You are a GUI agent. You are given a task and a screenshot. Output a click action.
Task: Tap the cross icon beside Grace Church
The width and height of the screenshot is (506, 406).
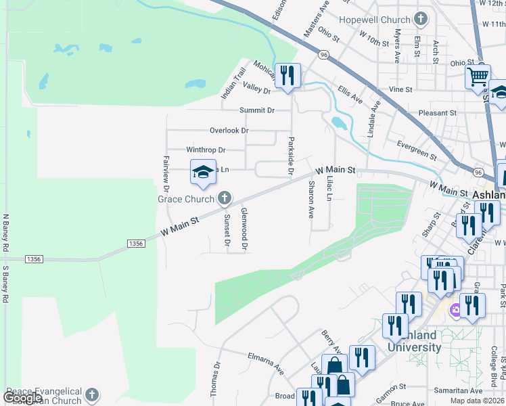pos(224,198)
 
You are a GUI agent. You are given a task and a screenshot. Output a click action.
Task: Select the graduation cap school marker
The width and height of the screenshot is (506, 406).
pos(203,173)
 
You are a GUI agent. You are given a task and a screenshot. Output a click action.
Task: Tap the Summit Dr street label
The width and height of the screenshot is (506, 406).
pos(257,110)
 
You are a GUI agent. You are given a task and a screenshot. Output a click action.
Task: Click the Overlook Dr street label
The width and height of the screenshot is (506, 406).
pos(229,130)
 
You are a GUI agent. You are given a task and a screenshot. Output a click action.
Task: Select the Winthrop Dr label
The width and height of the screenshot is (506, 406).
pos(206,150)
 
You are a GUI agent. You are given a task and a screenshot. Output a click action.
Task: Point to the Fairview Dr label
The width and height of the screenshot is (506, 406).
pos(165,175)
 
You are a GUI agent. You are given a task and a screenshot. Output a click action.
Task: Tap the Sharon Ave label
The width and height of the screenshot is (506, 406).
pos(311,199)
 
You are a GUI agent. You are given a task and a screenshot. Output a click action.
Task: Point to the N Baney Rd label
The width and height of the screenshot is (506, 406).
pos(5,233)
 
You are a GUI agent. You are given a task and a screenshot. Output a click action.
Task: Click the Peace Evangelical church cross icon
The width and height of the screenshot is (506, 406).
pos(92,394)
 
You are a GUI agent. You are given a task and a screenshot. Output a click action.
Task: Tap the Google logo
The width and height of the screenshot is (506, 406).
pos(22,398)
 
